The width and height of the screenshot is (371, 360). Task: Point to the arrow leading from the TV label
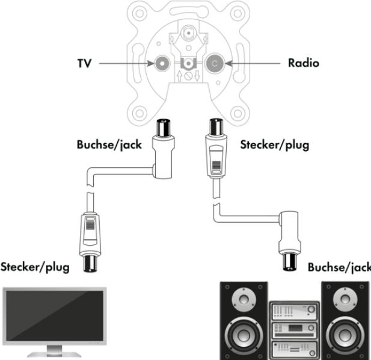tap(124, 62)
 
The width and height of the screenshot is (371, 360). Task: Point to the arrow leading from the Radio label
tap(253, 62)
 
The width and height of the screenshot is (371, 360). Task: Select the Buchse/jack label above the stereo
tap(338, 267)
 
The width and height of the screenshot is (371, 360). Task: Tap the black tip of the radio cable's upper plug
tap(214, 127)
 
